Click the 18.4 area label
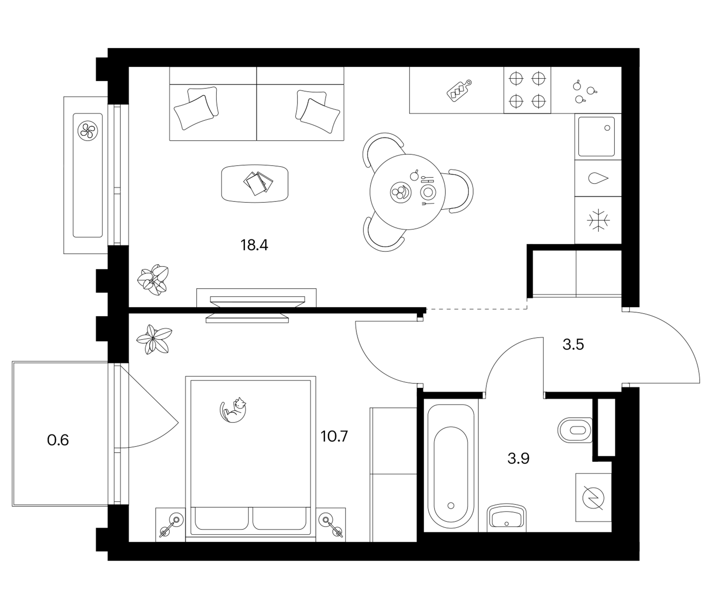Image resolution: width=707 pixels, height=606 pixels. click(x=254, y=245)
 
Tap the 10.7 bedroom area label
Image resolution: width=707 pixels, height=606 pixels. click(x=334, y=436)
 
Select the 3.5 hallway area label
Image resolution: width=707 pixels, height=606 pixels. click(x=573, y=345)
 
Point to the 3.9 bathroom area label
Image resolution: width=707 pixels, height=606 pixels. click(x=518, y=459)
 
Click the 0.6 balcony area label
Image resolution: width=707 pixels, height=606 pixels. click(x=58, y=440)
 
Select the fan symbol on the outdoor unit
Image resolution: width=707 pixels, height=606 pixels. click(x=88, y=131)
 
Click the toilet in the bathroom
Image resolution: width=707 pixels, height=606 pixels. click(x=575, y=430)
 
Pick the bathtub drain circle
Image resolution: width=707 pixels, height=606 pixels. click(x=451, y=506)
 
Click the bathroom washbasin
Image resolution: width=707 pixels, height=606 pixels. click(x=507, y=518)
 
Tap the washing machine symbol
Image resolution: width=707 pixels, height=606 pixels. click(x=593, y=498)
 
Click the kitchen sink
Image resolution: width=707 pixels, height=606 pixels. click(x=597, y=136)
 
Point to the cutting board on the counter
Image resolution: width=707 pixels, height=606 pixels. click(x=458, y=91)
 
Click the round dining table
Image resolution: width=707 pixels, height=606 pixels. click(x=407, y=192)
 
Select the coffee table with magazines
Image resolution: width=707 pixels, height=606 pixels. click(x=255, y=184)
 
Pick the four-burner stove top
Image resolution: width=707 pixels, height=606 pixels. click(x=527, y=90)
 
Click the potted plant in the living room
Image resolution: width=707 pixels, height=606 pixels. click(x=153, y=279)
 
